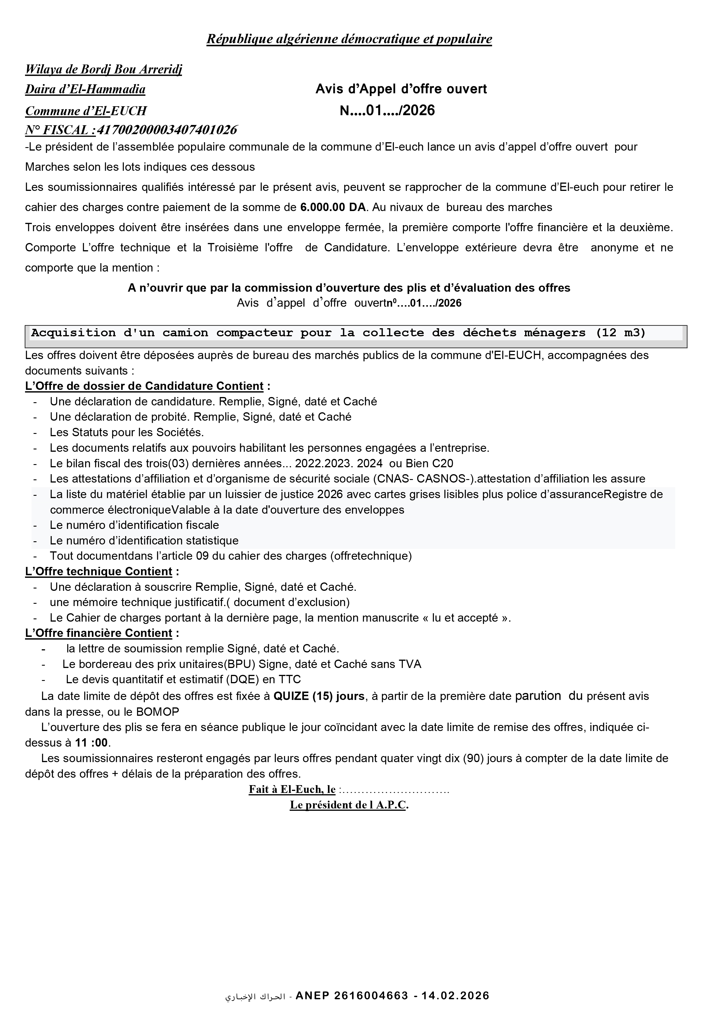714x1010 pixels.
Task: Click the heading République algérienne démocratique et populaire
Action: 349,39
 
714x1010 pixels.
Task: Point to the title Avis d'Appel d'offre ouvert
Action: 401,89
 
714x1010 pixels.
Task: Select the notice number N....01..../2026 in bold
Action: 387,110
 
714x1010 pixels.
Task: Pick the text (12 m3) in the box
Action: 621,333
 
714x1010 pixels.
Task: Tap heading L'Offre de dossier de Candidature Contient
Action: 144,386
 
